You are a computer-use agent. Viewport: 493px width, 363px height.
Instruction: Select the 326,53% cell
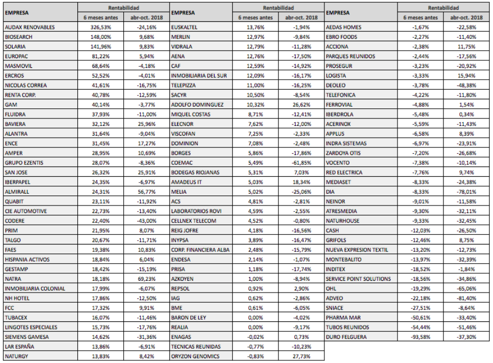pyautogui.click(x=97, y=27)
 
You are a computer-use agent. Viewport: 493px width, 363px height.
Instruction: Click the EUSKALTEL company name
pyautogui.click(x=185, y=27)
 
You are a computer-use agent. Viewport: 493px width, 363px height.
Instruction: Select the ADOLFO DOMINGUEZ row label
pyautogui.click(x=197, y=105)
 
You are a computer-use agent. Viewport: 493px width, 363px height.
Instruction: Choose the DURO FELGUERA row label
pyautogui.click(x=346, y=337)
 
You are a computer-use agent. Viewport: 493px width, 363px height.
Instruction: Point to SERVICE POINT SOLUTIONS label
pyautogui.click(x=358, y=279)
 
